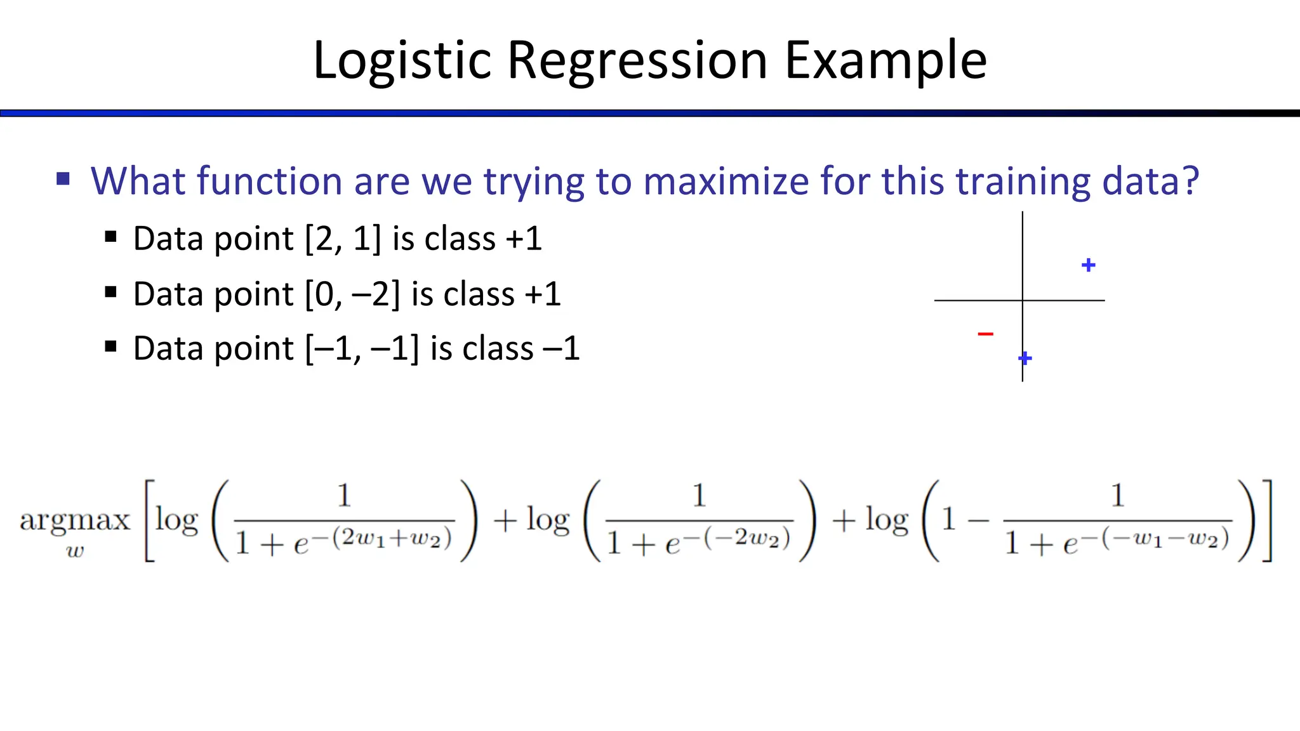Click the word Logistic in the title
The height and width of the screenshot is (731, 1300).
pos(402,61)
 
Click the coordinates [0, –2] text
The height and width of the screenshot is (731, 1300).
pos(352,294)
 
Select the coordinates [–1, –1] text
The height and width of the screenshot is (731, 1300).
pos(362,349)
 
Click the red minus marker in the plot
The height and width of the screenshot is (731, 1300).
pos(985,333)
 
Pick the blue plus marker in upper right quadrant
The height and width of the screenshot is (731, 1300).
pos(1088,265)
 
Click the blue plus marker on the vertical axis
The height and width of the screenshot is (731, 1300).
pos(1025,359)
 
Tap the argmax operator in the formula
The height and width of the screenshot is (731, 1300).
pos(74,520)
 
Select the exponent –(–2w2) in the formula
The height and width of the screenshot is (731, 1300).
pos(744,538)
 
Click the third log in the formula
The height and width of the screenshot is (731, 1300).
pos(886,520)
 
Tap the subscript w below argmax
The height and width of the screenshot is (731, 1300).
pos(74,551)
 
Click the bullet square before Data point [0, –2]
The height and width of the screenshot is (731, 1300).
pos(111,293)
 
